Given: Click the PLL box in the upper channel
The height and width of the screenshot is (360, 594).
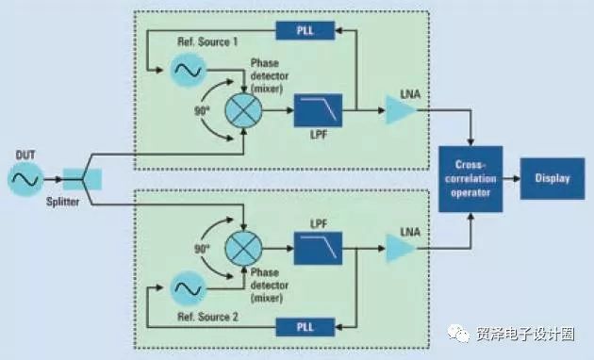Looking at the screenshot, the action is [305, 30].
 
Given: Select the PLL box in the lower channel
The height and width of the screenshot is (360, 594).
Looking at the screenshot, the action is [305, 327].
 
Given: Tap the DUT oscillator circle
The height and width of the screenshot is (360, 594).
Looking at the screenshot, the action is [25, 179].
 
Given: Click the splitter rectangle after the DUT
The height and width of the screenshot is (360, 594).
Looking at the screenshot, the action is [82, 179].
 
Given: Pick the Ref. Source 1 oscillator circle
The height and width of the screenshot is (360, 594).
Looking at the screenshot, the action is [189, 71].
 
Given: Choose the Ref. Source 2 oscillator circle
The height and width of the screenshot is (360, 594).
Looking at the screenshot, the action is [189, 288].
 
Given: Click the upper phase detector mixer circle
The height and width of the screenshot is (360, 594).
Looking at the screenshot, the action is [243, 110].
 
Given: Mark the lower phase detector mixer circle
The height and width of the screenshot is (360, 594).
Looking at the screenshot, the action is [243, 249].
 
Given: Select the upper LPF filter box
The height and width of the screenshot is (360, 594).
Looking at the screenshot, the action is [319, 110].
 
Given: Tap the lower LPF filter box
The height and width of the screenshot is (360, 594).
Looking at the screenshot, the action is [319, 249].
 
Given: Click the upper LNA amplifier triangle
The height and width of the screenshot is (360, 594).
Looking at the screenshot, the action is [399, 110].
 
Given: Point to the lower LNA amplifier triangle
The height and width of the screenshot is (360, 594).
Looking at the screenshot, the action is [399, 249].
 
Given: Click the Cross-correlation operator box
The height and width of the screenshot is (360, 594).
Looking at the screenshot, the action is [470, 179].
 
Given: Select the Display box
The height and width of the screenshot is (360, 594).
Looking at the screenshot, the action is [553, 179].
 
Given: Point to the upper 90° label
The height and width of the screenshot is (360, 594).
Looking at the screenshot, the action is [202, 111].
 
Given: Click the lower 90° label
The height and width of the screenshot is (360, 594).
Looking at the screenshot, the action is [202, 249].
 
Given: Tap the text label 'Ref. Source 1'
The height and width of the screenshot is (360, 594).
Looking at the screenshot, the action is [207, 41].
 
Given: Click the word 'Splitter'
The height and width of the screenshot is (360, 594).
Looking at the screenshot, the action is [63, 202].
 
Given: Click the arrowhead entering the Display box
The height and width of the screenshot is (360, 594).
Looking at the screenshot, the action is [517, 179].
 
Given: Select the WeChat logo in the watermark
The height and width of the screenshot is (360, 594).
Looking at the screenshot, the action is [458, 334].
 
